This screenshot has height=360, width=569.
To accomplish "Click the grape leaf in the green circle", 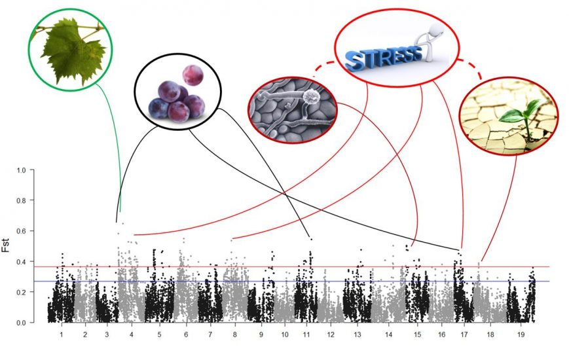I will [x=69, y=49].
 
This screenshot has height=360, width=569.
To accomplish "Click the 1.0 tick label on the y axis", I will [x=21, y=171].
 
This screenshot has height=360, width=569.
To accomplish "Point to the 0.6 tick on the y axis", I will [x=21, y=232].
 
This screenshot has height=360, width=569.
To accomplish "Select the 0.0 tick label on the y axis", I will [x=21, y=323].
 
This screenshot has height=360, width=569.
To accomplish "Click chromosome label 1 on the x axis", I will [x=62, y=334].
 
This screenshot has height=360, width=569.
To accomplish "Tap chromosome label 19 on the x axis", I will [x=521, y=334].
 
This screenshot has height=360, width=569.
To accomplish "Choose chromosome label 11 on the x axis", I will [x=306, y=334].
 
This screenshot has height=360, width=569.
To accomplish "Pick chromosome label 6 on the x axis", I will [x=186, y=334].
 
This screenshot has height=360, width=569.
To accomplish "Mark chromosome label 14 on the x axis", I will [x=389, y=334].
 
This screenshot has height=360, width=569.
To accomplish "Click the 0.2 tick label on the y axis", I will [x=21, y=293].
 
